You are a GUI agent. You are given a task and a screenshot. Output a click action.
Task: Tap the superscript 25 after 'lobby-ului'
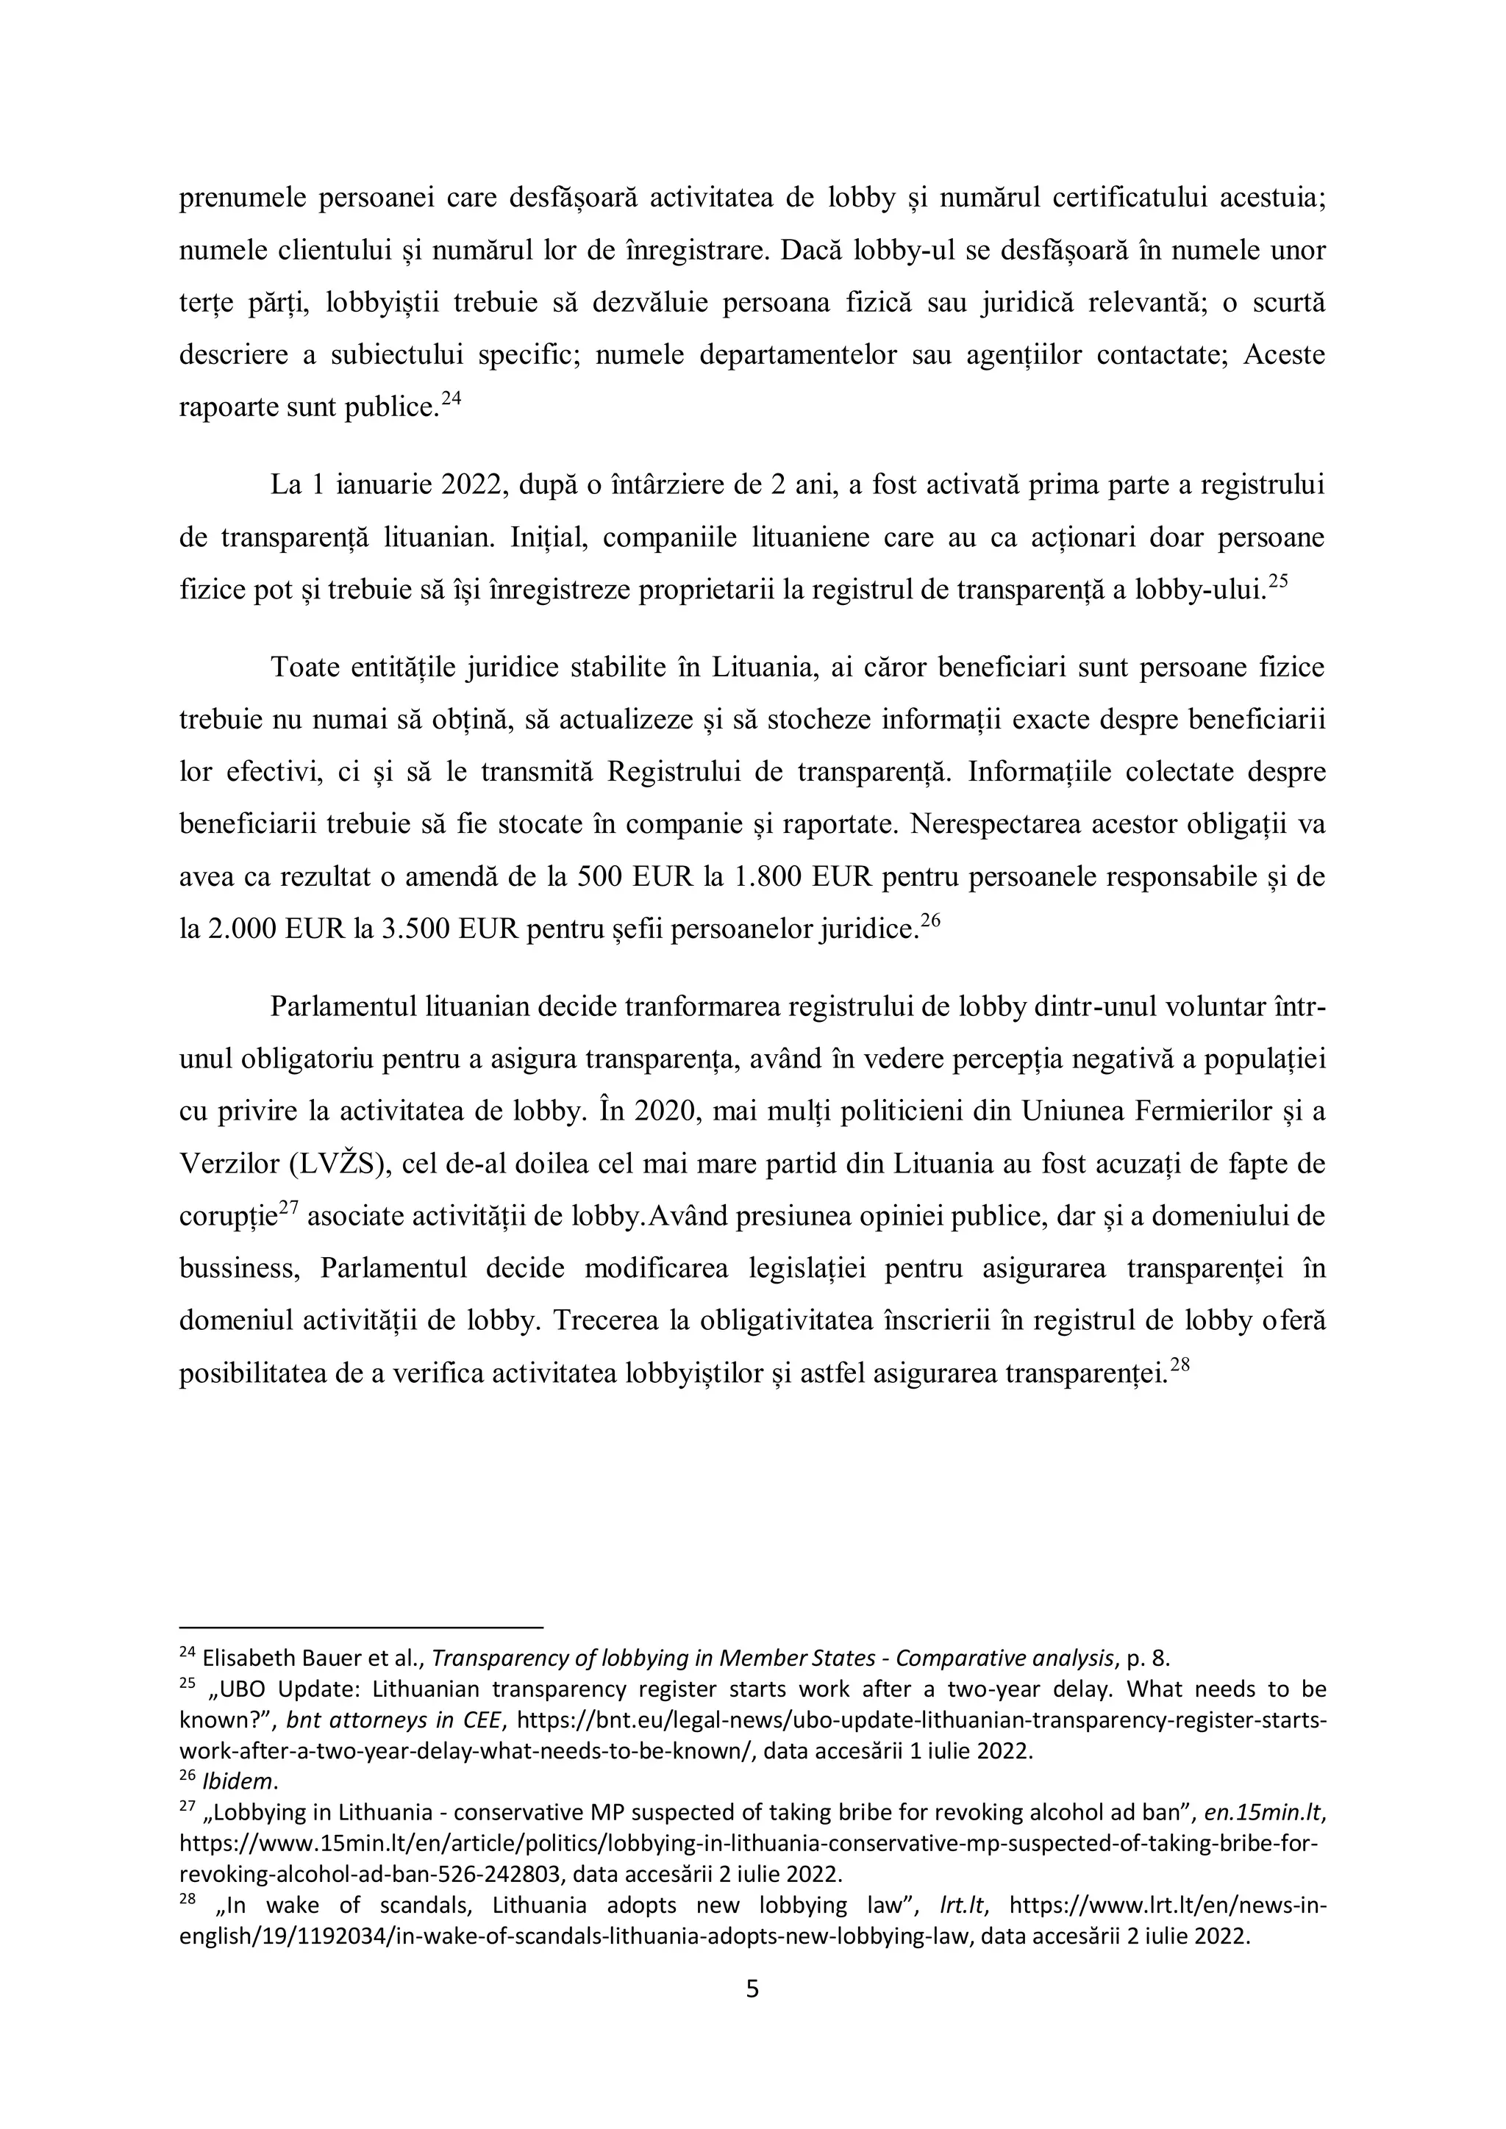click(x=1278, y=582)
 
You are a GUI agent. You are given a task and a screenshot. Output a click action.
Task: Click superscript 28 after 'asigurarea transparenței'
click(x=1180, y=1365)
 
